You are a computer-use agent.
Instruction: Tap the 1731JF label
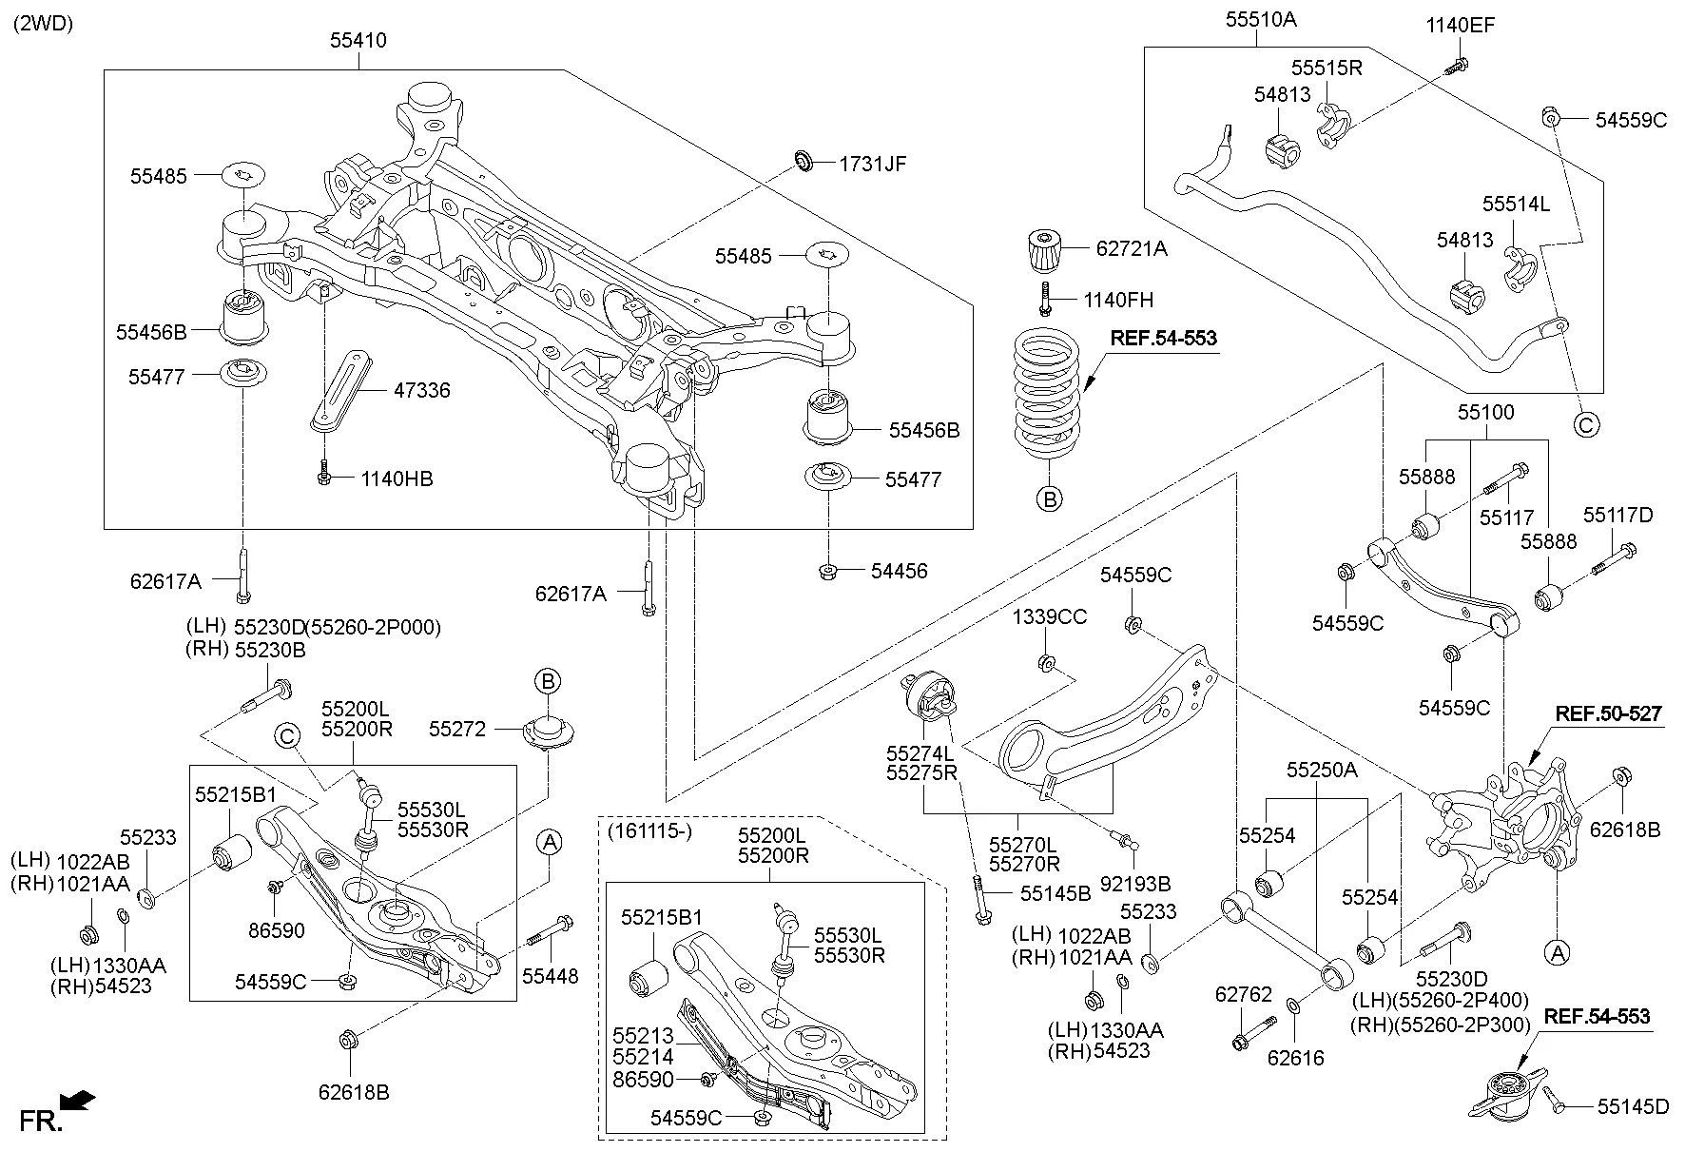point(872,164)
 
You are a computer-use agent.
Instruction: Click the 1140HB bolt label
point(397,478)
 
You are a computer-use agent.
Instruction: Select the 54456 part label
point(899,571)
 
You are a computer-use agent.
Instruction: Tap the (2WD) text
point(43,23)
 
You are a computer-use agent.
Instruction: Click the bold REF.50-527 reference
point(1608,713)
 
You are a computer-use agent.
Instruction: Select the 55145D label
point(1633,1106)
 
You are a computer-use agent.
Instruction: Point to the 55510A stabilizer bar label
point(1261,18)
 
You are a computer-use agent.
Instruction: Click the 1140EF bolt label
point(1460,25)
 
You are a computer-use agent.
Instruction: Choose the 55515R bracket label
point(1327,68)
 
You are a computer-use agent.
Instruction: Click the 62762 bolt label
point(1243,995)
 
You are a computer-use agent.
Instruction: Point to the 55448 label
point(550,976)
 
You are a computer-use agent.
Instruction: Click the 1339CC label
point(1049,617)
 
